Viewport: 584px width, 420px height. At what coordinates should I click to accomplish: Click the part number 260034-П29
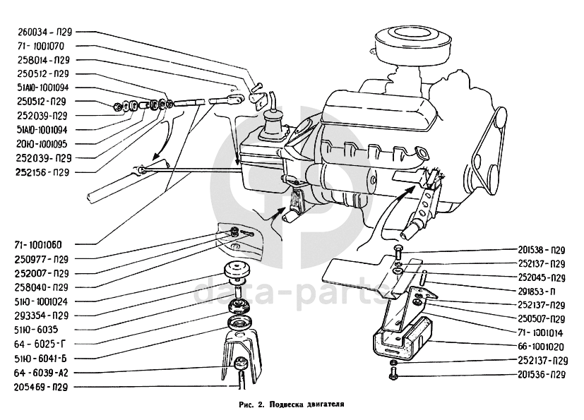coord(44,32)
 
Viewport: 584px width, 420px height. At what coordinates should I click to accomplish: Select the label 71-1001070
coord(44,46)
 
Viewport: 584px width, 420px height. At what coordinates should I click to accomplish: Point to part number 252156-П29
coord(44,172)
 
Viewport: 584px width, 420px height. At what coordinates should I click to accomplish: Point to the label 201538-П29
coord(541,249)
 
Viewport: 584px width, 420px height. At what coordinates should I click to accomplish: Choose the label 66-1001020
coord(541,346)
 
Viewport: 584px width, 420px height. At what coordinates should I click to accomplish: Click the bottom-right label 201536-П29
coord(541,373)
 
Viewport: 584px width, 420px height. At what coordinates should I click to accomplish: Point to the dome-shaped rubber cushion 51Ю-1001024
coord(239,272)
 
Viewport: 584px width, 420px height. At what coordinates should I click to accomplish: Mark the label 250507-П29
coord(541,318)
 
